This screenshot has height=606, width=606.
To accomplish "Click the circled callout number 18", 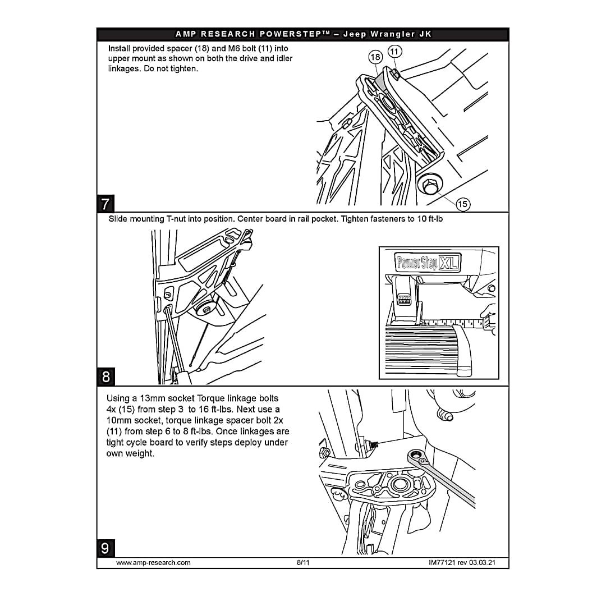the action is pyautogui.click(x=375, y=57).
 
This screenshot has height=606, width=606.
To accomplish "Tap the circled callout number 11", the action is pyautogui.click(x=394, y=52).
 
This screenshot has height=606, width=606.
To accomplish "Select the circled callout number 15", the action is pyautogui.click(x=462, y=204).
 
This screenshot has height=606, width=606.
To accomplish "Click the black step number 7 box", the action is pyautogui.click(x=105, y=203).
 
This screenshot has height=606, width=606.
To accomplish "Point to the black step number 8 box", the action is pyautogui.click(x=106, y=377).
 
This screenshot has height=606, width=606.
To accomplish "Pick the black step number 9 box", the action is pyautogui.click(x=105, y=548).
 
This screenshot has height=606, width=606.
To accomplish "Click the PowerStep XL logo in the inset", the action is pyautogui.click(x=428, y=263).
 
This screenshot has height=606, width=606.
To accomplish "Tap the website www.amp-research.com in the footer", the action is pyautogui.click(x=153, y=563).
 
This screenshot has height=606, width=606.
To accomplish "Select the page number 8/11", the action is pyautogui.click(x=303, y=563).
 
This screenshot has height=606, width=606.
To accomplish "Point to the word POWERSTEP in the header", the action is pyautogui.click(x=292, y=34).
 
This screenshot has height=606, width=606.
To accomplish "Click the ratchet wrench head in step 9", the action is pyautogui.click(x=419, y=456).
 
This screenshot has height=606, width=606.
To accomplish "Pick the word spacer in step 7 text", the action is pyautogui.click(x=180, y=49).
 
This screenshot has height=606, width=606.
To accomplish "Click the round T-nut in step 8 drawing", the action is pyautogui.click(x=206, y=309).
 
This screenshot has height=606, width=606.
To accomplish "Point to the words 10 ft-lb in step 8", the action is pyautogui.click(x=430, y=219).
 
